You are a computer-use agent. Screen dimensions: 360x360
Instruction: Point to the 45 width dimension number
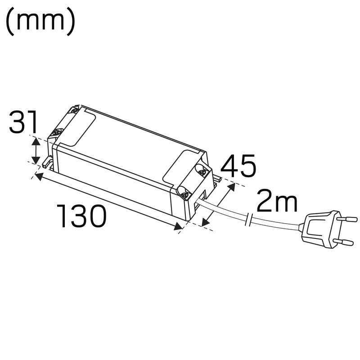[239, 167]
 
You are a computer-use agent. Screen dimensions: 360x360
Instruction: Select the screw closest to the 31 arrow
[57, 133]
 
